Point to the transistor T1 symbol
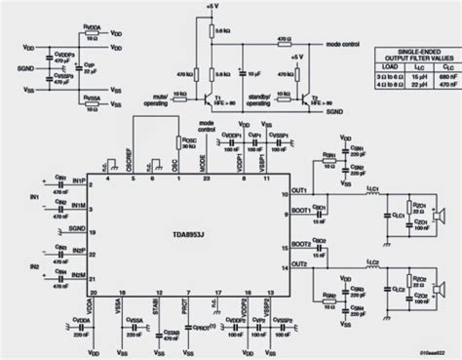(x=213, y=101)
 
